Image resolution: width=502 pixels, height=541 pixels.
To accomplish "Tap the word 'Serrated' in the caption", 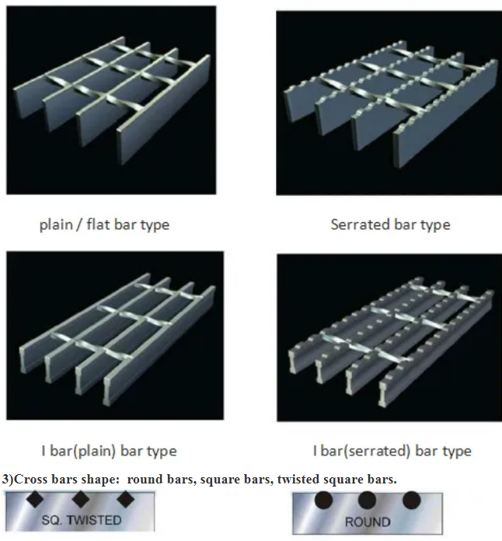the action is pos(361,225).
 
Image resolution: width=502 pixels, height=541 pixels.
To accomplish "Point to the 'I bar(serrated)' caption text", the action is pos(361,451).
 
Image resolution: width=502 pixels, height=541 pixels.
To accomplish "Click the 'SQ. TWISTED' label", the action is pos(82,520).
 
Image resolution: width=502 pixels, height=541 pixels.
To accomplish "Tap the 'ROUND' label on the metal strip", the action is pos(368,522).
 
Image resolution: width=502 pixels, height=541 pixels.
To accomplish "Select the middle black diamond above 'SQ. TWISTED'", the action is pos(80,499).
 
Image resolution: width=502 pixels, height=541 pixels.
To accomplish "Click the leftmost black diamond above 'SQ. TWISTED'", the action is pos(35,499).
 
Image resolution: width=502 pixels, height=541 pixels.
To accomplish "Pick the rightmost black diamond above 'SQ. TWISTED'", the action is pos(125,499).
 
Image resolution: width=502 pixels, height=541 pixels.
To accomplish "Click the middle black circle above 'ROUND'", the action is pos(367,501).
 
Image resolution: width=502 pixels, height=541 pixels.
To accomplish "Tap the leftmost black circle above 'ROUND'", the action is pos(323,501).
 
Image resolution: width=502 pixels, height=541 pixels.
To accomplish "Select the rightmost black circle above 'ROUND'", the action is pos(412,501).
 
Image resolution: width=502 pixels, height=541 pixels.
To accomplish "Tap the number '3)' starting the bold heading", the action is pos(8,480).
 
